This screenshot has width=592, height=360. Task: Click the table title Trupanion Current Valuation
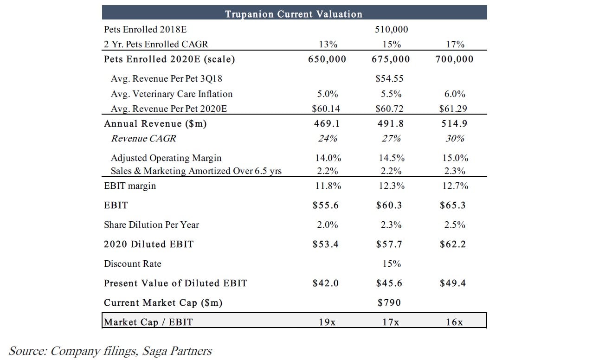tap(294, 14)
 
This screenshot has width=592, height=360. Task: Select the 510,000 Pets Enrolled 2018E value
tap(391, 30)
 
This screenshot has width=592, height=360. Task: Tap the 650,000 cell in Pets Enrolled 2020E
tap(327, 59)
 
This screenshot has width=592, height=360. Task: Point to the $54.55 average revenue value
tap(390, 79)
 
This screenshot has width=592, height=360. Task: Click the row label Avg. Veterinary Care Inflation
tap(172, 94)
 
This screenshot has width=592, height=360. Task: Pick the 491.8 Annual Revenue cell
tap(391, 124)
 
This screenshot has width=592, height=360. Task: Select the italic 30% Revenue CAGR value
tap(455, 139)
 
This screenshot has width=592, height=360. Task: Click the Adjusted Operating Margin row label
tap(166, 158)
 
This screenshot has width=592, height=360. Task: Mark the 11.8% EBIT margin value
tap(328, 186)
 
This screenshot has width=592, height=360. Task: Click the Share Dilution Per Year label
tap(151, 225)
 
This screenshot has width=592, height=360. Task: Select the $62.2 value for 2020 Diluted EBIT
tap(453, 244)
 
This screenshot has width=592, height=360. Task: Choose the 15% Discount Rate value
tap(391, 264)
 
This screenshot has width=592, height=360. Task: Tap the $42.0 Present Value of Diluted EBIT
tap(326, 283)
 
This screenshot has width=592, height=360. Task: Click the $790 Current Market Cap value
tap(389, 303)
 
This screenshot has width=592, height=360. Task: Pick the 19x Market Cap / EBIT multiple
tap(328, 322)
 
